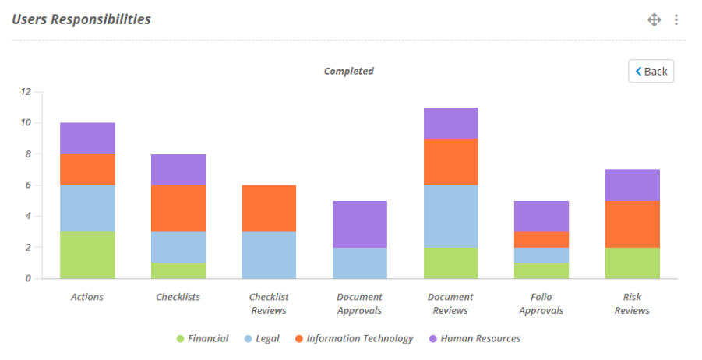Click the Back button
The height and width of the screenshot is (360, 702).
[x=651, y=71]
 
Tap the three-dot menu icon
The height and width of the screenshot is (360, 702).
[x=676, y=19]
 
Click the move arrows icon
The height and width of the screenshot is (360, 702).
[x=654, y=19]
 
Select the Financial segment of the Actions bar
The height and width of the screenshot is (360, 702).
[x=87, y=256]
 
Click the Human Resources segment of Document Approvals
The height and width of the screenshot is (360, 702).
[x=360, y=224]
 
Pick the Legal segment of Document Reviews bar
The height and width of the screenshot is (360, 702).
[x=451, y=217]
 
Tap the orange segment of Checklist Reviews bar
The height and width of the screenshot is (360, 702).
[x=269, y=209]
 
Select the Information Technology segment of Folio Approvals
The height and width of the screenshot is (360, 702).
[x=541, y=239]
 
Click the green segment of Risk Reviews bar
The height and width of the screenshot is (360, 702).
[x=632, y=263]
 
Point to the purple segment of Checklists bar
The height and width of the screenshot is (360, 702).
[x=178, y=170]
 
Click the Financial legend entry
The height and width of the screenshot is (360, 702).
[x=203, y=338]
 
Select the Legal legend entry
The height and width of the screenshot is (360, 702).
[x=262, y=338]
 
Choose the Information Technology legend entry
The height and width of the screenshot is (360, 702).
[x=355, y=338]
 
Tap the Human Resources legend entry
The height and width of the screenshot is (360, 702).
[x=475, y=338]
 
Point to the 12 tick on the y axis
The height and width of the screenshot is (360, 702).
[x=26, y=92]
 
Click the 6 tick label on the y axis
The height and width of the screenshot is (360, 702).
[x=28, y=185]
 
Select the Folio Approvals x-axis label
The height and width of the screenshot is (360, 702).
[x=541, y=304]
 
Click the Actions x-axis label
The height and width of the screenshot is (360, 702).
[x=86, y=297]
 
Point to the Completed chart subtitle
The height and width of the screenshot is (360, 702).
[x=349, y=71]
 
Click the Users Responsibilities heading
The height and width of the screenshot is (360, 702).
[x=81, y=19]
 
